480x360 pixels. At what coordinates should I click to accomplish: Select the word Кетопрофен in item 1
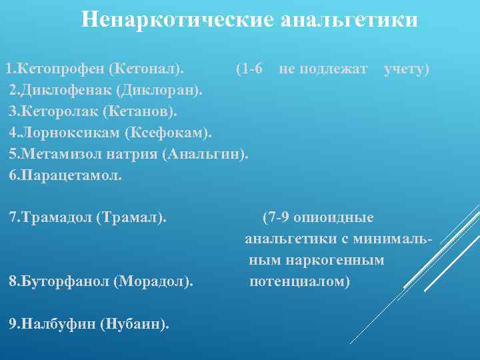61,69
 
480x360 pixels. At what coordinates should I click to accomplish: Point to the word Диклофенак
62,89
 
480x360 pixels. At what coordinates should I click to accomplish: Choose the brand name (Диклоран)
160,89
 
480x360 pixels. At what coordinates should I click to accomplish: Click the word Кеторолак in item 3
57,111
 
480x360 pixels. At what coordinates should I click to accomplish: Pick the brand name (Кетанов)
139,111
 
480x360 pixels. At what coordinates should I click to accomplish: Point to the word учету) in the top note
406,69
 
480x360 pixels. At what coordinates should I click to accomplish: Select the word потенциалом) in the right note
299,281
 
